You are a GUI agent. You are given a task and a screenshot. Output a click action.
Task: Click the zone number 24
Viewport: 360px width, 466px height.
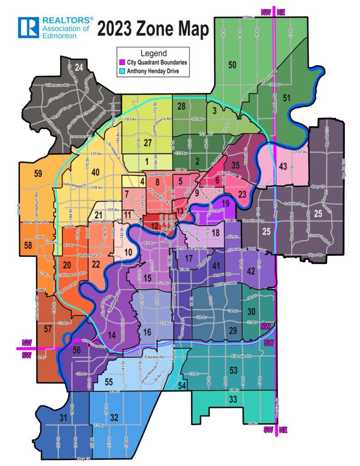click(x=79, y=68)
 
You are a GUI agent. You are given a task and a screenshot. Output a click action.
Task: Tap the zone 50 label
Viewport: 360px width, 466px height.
click(x=232, y=65)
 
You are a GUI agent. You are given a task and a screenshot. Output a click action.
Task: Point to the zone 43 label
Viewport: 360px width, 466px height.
click(x=283, y=167)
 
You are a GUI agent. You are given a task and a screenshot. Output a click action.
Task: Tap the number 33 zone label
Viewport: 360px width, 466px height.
click(x=233, y=400)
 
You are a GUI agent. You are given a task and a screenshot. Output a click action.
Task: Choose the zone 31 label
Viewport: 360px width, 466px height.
click(x=63, y=419)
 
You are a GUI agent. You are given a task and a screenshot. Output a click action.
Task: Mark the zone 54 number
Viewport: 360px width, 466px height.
click(x=182, y=386)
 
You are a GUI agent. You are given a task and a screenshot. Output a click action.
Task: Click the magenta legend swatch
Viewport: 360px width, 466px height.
click(x=122, y=62)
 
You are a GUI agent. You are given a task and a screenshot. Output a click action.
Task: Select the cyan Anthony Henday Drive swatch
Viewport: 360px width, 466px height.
click(x=122, y=71)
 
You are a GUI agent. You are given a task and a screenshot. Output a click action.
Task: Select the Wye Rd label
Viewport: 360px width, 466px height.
click(x=302, y=254)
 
